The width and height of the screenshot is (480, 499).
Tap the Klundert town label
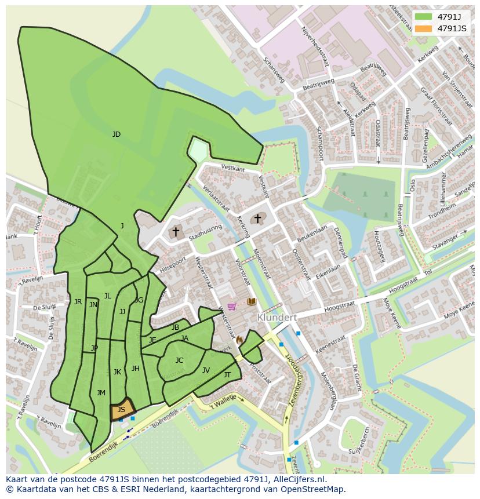coord(277,318)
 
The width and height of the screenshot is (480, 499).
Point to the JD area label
coord(117,134)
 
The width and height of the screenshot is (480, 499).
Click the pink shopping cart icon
coord(232,306)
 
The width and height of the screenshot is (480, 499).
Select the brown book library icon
coord(252,302)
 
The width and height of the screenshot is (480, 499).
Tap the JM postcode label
coord(101,393)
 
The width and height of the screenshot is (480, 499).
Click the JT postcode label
coord(227,375)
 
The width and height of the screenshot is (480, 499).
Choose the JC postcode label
coord(179,360)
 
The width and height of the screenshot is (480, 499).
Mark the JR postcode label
coord(78,302)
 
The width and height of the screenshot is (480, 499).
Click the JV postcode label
coord(206,370)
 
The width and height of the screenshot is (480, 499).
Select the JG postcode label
coord(139,300)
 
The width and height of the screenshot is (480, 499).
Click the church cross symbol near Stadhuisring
coord(175,231)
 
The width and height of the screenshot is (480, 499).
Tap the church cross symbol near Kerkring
coord(257,218)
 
